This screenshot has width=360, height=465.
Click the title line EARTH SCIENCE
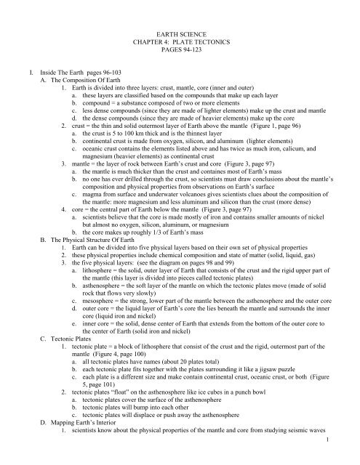(x=179, y=33)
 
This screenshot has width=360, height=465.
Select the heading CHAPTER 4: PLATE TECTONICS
(x=179, y=41)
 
